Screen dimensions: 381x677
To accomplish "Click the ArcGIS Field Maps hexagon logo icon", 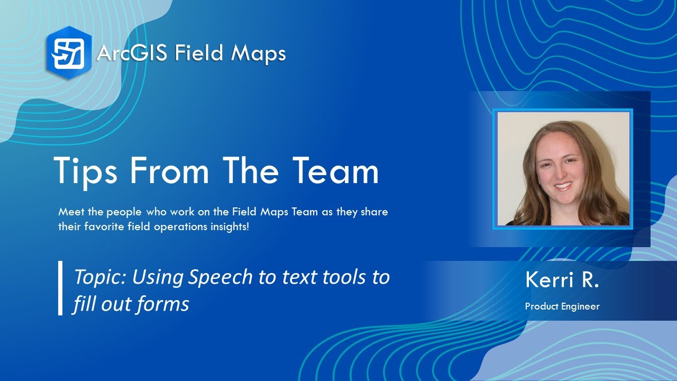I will (x=69, y=52).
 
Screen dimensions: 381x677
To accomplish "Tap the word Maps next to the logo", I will (x=259, y=53).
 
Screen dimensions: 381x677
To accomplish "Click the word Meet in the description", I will (x=70, y=212).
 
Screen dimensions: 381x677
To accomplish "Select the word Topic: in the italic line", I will (x=100, y=277).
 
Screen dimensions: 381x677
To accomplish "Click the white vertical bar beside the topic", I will (x=60, y=288).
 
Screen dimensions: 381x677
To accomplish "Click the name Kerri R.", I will (x=562, y=280).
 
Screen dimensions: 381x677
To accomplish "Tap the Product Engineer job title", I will (x=562, y=306).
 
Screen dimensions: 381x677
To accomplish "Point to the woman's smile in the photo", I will (x=562, y=186).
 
